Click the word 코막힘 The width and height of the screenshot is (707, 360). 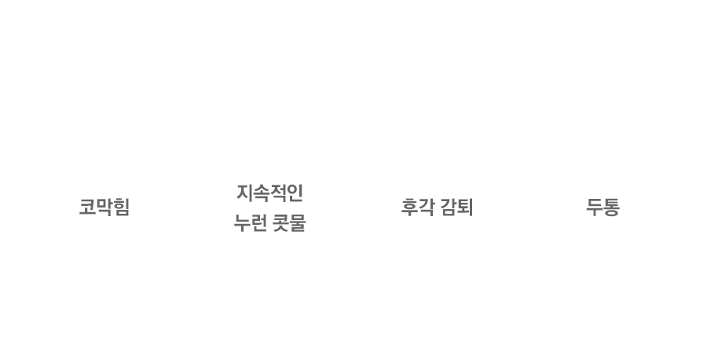tap(104, 207)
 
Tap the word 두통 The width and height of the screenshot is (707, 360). tap(603, 207)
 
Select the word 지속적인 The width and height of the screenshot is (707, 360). tap(269, 193)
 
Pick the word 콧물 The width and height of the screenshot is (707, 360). tap(289, 223)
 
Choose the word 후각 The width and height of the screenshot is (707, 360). tap(418, 207)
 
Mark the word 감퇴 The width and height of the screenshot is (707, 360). tap(456, 207)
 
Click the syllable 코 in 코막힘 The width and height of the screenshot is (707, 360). tap(87, 207)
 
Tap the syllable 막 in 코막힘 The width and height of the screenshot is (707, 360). tap(104, 207)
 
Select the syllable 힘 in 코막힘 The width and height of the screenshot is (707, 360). tap(121, 207)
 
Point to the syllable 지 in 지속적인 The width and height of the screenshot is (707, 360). tap(244, 193)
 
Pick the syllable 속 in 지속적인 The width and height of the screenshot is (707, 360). tap(261, 193)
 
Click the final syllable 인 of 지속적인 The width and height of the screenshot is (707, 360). tap(295, 193)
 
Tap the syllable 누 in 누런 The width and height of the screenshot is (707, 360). tap(242, 223)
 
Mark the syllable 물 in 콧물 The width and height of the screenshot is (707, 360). tap(298, 223)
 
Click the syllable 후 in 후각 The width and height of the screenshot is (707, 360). tap(409, 207)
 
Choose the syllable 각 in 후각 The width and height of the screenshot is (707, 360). tap(427, 207)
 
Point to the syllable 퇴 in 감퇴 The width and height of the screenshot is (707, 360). tap(465, 207)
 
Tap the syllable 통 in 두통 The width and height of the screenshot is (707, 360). tap(611, 207)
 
